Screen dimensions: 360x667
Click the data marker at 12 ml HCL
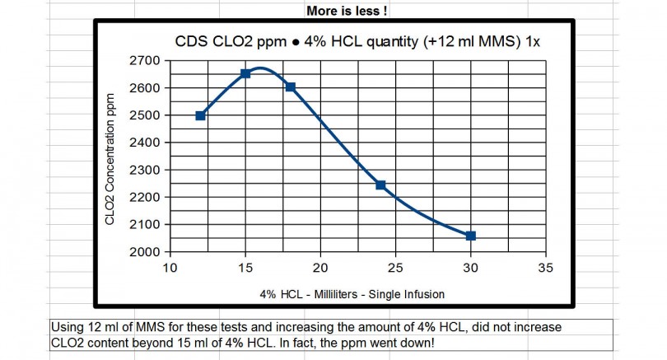coord(200,115)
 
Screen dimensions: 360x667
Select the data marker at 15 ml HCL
coord(245,73)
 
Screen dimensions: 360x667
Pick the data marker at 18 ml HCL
coord(290,87)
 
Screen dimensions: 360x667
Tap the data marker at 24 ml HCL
coord(380,185)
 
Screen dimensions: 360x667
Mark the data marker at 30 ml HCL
coord(470,236)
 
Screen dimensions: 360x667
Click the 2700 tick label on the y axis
coord(146,61)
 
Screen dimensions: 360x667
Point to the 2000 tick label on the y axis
coord(146,252)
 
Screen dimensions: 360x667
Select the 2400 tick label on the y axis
coord(146,143)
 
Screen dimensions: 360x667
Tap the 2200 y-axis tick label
coord(146,198)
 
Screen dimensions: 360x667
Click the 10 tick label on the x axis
coord(170,268)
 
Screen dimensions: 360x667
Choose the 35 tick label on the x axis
coord(545,268)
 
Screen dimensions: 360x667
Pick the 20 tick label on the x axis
coord(320,268)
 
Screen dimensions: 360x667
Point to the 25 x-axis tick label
coord(395,268)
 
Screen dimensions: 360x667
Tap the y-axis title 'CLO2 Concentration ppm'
coord(110,157)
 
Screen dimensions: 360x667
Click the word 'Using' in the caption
coord(67,326)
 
